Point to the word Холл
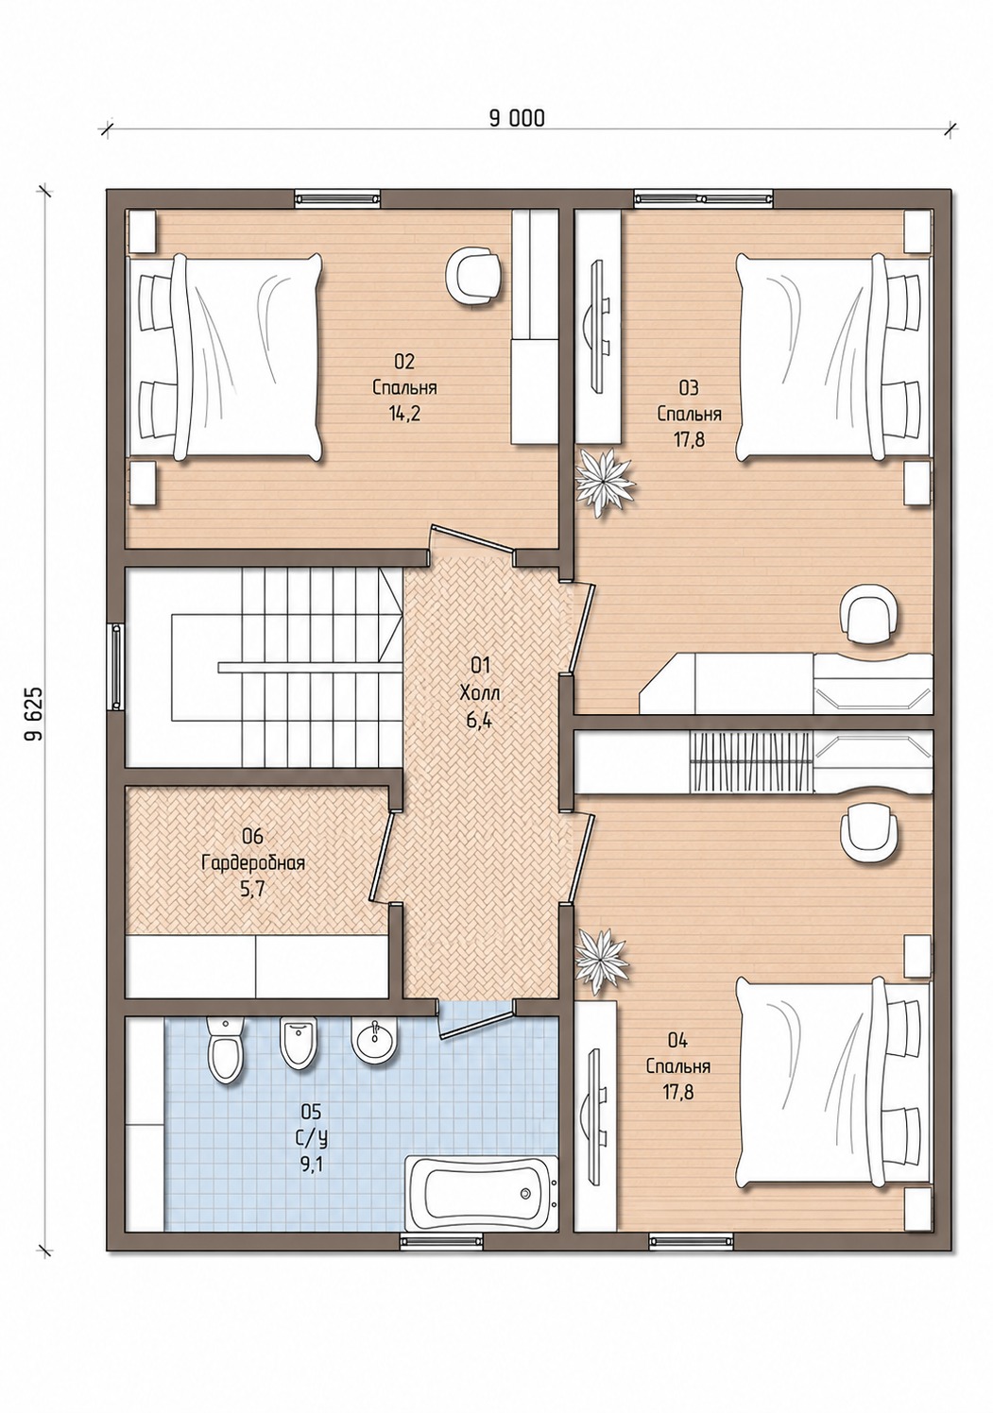(480, 693)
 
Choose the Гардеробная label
(253, 863)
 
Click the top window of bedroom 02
(337, 197)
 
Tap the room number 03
(689, 388)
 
